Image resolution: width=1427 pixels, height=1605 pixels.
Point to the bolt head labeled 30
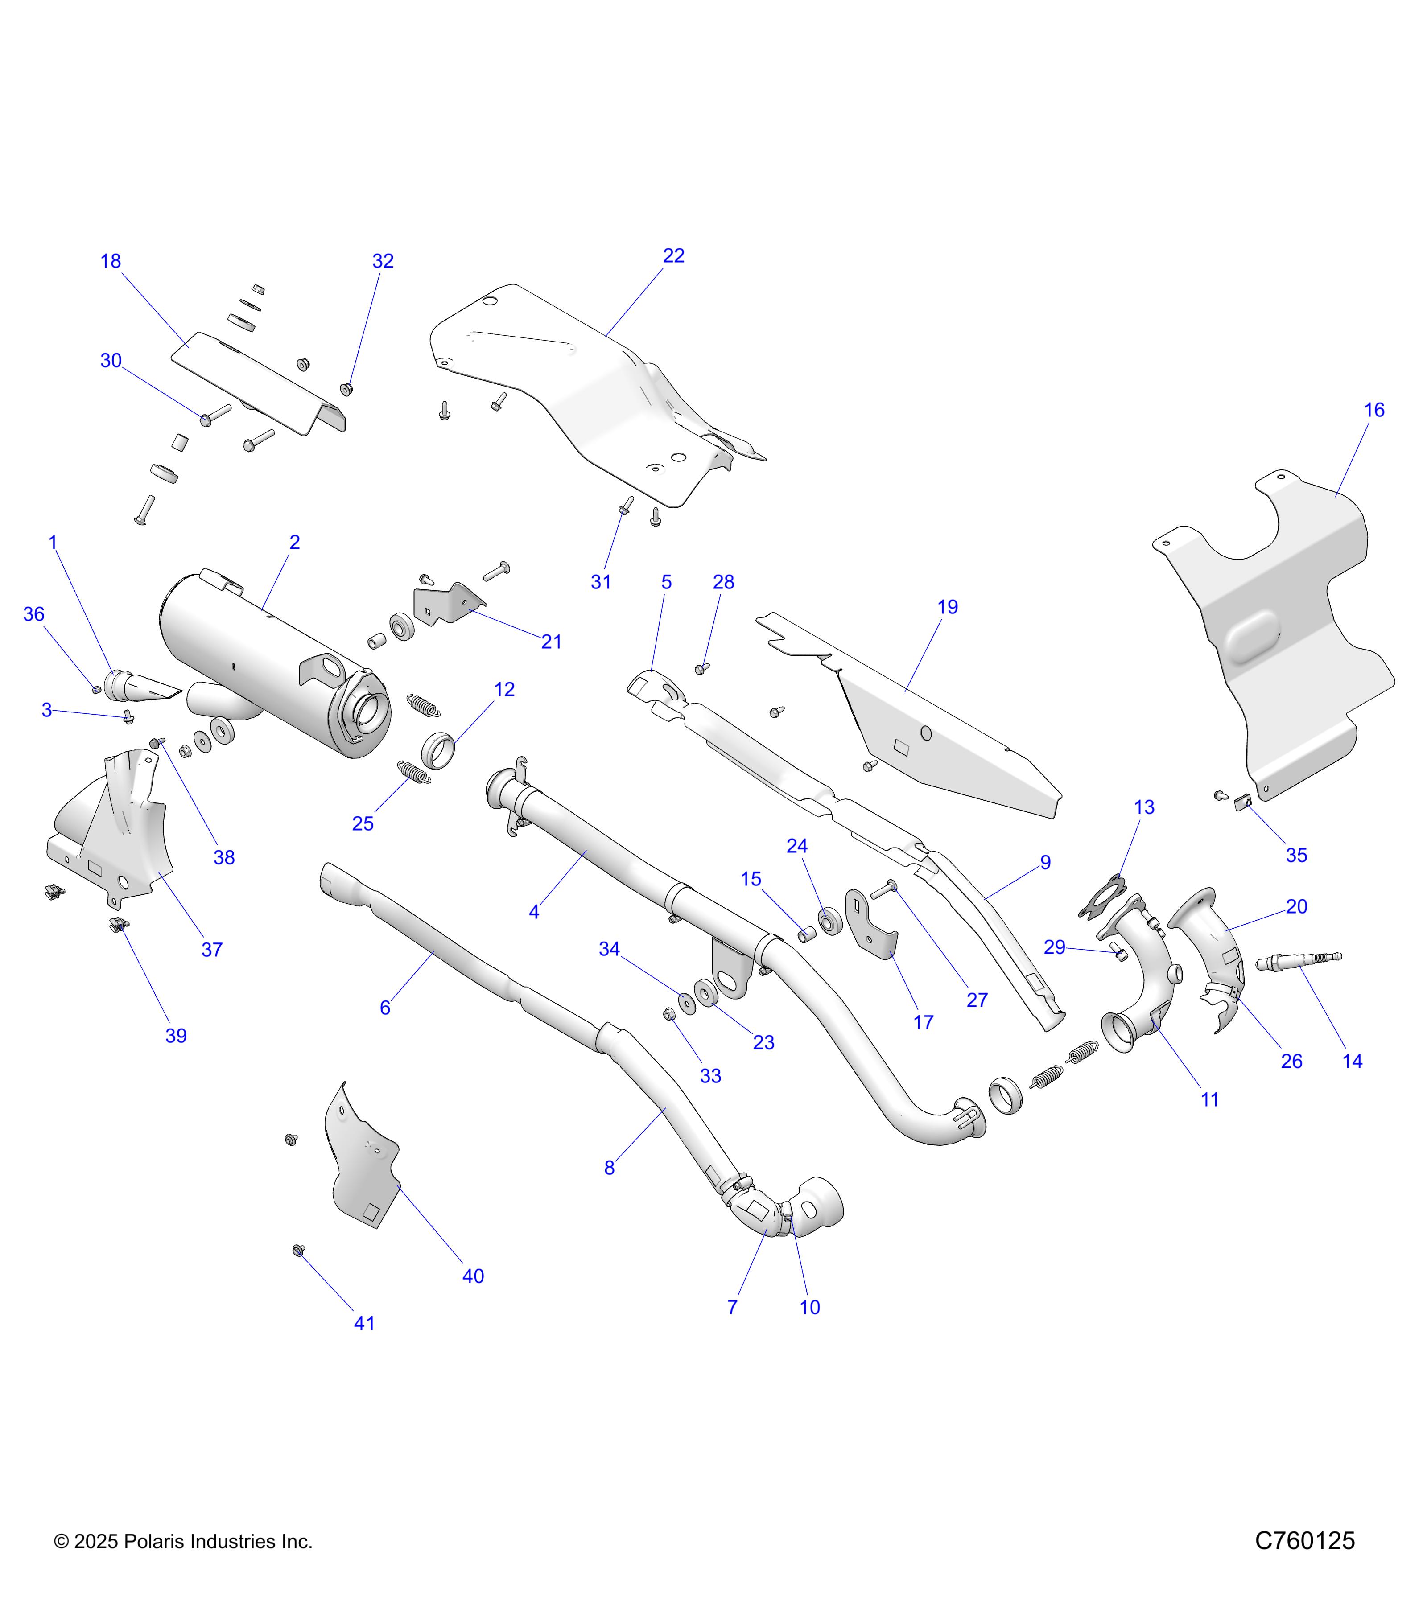(206, 420)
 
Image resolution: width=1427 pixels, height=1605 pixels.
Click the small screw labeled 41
(298, 1250)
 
